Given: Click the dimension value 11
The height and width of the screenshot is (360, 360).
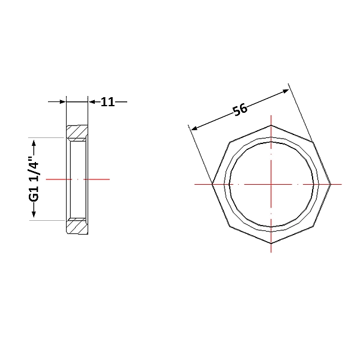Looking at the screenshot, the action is click(107, 102).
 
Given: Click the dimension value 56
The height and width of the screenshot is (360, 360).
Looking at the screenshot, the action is click(240, 110).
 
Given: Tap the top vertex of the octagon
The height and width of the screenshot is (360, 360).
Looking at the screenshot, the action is click(271, 125).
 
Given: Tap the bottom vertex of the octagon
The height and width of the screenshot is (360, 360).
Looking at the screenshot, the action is click(271, 243).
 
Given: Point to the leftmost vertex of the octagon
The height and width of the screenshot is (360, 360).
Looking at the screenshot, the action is click(212, 184).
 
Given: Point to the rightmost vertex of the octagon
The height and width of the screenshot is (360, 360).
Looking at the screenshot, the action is click(331, 184).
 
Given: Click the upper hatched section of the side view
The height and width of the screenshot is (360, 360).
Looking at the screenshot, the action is click(77, 133).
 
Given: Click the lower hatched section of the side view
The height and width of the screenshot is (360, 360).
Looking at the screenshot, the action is click(77, 226).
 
